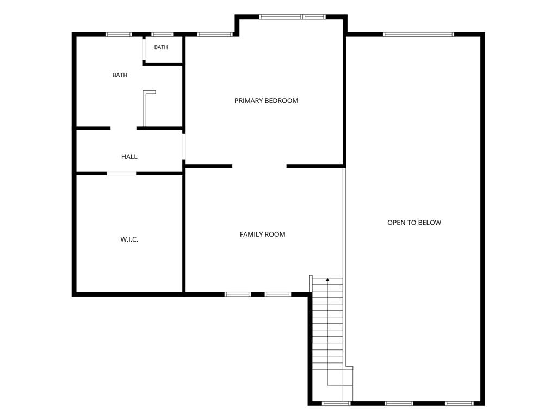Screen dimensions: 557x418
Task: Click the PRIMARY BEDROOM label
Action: point(266,101)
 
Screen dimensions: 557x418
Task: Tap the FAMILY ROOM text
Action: point(263,234)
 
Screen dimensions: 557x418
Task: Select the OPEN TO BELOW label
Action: point(414,223)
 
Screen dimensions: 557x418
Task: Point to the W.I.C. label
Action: point(129,239)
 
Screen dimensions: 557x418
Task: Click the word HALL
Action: point(129,157)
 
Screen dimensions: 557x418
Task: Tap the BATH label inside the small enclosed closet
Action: point(161,47)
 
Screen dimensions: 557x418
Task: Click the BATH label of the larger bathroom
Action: point(120,75)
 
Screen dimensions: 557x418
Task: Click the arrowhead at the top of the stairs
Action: point(327,280)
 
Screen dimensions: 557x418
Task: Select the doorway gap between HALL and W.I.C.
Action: point(121,174)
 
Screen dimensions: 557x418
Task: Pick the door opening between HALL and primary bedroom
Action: point(184,147)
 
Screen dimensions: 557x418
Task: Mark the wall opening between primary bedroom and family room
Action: point(259,166)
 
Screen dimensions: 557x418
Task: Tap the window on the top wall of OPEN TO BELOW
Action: point(418,34)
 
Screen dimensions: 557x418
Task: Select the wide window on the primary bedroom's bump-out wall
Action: point(292,17)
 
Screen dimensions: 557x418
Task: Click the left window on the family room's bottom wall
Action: point(238,294)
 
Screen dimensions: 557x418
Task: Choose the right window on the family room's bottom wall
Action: point(278,294)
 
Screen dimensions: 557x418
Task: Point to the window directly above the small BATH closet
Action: point(162,34)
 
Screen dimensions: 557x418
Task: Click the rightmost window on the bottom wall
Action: point(459,403)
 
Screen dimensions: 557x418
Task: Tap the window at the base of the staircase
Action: point(336,403)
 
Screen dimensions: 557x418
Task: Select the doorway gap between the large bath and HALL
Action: point(123,128)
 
